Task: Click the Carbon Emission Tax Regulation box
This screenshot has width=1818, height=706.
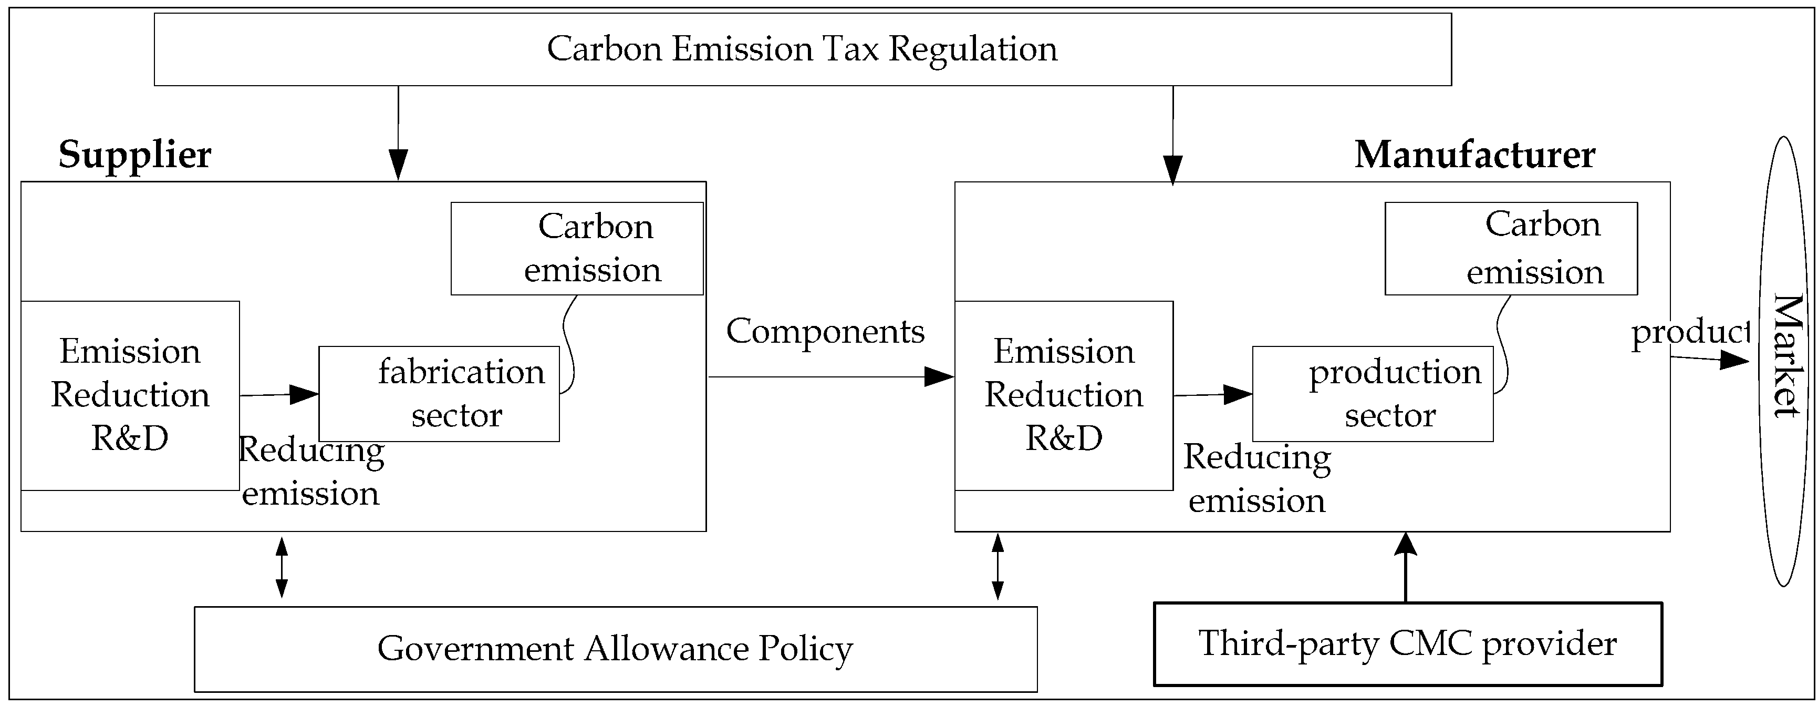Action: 803,49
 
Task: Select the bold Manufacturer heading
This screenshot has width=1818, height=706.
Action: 1474,155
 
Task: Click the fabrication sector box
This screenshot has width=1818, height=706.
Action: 439,394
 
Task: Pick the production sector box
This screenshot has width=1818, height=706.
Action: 1372,394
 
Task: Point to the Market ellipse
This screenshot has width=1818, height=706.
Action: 1784,360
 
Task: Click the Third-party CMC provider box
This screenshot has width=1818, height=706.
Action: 1407,643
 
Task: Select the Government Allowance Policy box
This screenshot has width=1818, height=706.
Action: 616,649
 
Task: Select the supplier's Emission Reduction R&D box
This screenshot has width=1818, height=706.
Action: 130,395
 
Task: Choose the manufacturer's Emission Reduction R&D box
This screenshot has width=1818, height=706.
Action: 1064,395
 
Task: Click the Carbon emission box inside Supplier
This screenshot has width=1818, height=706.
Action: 577,249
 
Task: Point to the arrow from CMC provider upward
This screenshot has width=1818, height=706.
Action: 1405,568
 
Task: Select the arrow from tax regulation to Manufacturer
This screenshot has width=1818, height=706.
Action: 1172,134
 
